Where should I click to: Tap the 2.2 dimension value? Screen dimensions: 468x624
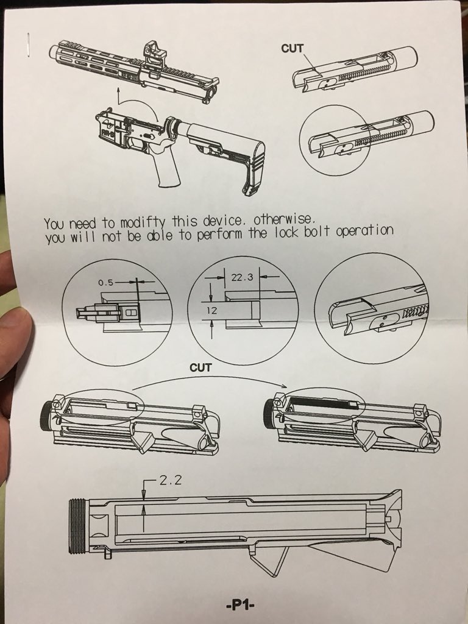click(171, 480)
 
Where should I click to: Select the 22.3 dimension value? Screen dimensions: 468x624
click(242, 277)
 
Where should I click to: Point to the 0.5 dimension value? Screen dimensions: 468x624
click(106, 283)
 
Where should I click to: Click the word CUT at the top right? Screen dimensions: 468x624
click(292, 49)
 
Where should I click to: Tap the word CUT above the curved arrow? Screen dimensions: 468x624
click(200, 367)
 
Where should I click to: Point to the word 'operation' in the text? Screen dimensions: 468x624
click(364, 231)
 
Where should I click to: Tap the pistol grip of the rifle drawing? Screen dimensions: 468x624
click(167, 167)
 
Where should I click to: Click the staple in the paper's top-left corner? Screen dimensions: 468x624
click(28, 44)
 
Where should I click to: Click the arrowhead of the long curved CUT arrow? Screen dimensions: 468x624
click(284, 385)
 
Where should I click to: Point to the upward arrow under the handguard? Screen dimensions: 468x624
click(119, 96)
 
